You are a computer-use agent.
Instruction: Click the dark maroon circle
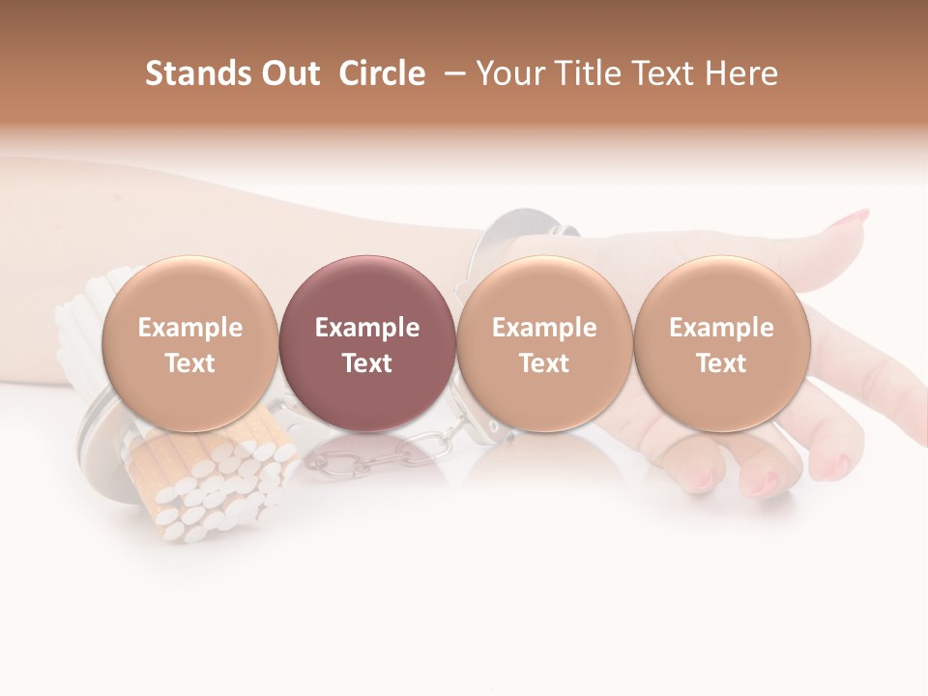[x=366, y=343]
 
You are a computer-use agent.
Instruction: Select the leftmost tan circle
[x=189, y=343]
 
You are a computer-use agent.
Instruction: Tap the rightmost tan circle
[x=721, y=343]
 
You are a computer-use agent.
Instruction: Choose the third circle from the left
[x=544, y=343]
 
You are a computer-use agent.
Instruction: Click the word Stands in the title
[x=199, y=73]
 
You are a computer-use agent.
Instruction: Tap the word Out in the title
[x=291, y=73]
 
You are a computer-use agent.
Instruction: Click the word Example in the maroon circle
[x=366, y=328]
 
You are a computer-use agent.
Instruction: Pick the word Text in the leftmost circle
[x=189, y=363]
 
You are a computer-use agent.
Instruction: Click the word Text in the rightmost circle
[x=721, y=363]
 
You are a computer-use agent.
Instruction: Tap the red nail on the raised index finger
[x=855, y=217]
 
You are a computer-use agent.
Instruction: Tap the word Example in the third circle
[x=544, y=328]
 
